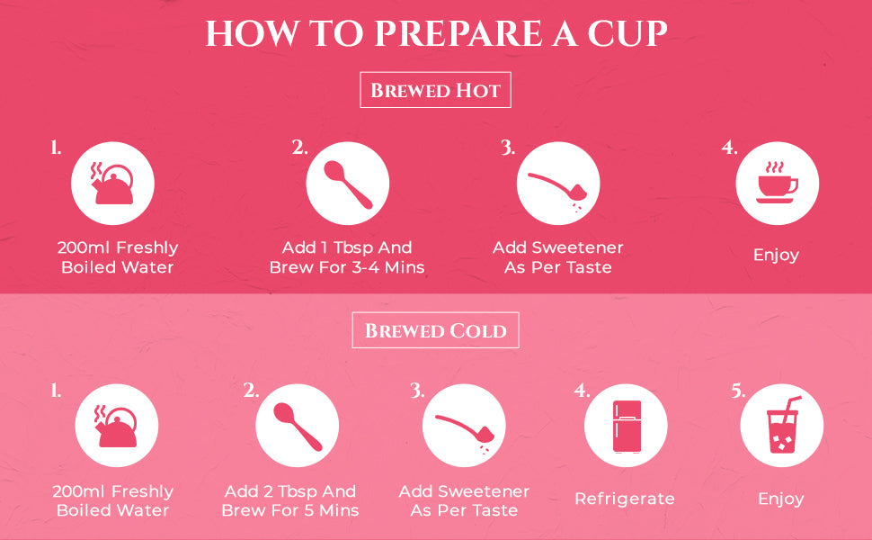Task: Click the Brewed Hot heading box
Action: pos(435,90)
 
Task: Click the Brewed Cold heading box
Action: pos(435,330)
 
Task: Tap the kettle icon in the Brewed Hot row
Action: pos(113,184)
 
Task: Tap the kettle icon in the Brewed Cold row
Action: pos(116,427)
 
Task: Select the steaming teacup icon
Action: pos(778,183)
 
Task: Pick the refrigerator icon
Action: pos(627,426)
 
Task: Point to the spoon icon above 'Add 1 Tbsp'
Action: pos(348,184)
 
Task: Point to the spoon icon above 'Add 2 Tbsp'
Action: pos(298,427)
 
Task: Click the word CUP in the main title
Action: pos(627,33)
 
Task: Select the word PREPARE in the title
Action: pos(458,33)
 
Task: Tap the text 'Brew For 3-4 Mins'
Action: pos(347,267)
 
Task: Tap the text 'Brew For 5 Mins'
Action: pos(290,510)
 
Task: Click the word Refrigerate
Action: pos(625,499)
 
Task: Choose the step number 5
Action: pos(738,391)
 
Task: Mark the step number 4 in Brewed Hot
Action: pos(730,148)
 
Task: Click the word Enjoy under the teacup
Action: pos(777,255)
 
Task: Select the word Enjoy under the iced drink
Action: pos(781,499)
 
